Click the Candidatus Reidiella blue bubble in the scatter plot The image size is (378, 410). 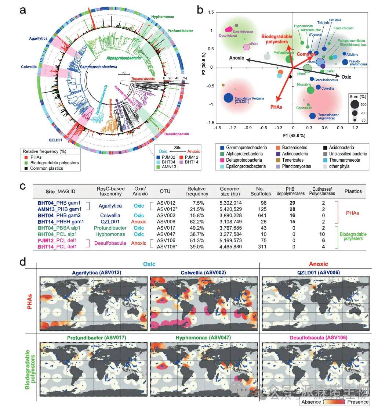[228, 98]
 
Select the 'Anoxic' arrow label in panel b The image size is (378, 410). [237, 58]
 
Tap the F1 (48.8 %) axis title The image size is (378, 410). [293, 136]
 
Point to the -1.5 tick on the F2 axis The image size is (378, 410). [210, 123]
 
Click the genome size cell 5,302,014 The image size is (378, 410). [229, 203]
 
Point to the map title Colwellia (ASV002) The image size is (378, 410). [203, 272]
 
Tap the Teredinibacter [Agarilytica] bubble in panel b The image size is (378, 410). [312, 116]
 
